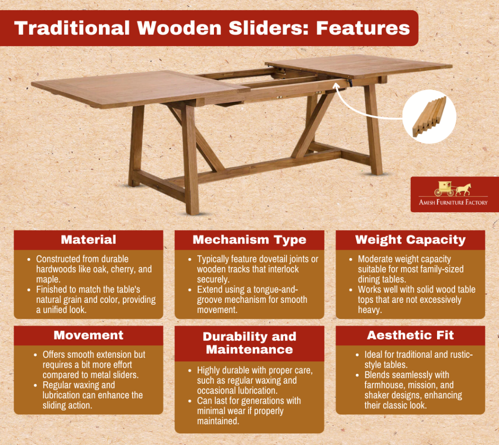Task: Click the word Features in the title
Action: tap(363, 28)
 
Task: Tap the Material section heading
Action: tap(88, 240)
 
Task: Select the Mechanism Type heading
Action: tap(249, 240)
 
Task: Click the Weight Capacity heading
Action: tap(410, 240)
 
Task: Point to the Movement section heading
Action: tap(88, 335)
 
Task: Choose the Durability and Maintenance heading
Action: tap(249, 343)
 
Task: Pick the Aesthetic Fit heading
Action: tap(410, 335)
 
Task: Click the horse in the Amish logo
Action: tap(463, 189)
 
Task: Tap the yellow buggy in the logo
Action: tap(445, 188)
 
